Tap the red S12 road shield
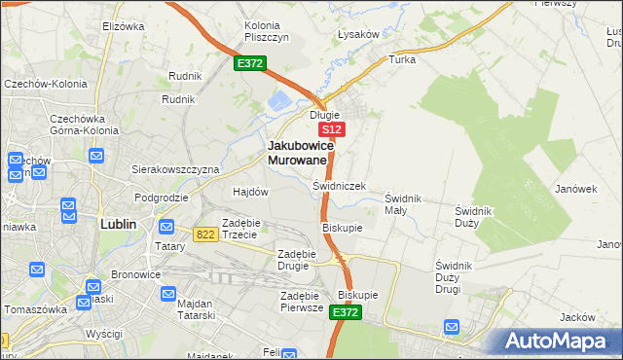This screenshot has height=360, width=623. click(332, 128)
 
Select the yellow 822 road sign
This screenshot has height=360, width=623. click(204, 234)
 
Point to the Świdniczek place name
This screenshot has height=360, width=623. click(339, 185)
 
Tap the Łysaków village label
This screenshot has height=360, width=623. click(357, 34)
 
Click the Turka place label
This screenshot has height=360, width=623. click(402, 59)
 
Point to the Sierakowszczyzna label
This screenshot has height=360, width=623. click(175, 168)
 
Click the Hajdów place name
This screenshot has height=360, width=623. click(250, 192)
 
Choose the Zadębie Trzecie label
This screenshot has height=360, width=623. click(239, 228)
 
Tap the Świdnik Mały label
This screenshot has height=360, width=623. click(403, 203)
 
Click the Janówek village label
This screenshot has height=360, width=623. click(575, 189)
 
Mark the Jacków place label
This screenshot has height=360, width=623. click(577, 318)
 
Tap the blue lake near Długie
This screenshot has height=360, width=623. click(279, 99)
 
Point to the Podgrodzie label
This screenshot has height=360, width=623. click(161, 198)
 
